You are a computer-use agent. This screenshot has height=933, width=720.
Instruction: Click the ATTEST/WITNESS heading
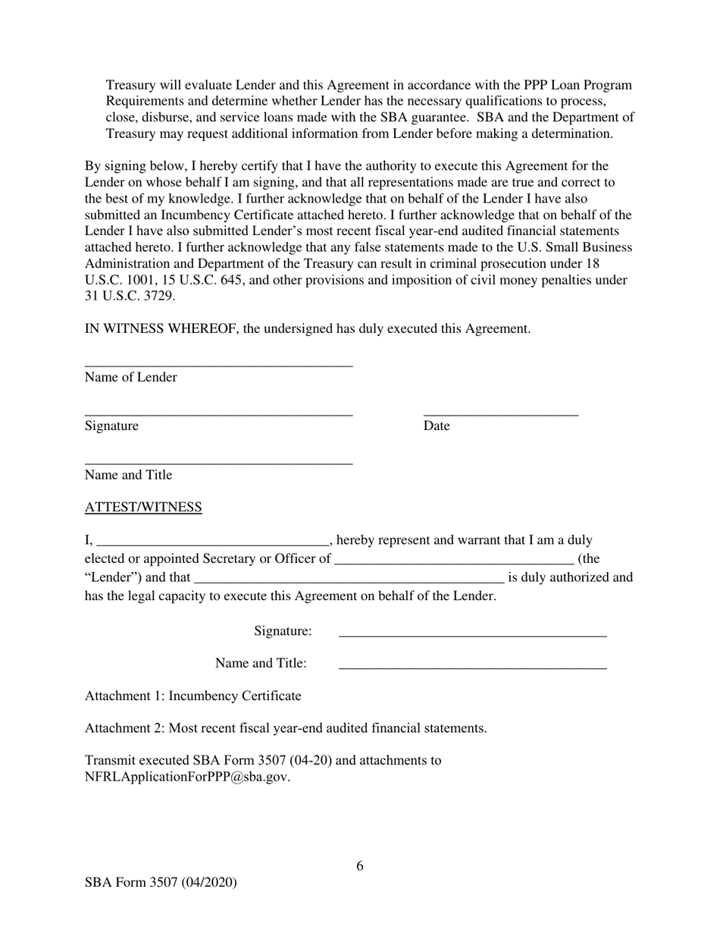143,507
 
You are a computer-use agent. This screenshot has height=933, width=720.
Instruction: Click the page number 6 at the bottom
360,866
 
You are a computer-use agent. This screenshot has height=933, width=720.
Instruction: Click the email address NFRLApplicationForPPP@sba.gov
187,777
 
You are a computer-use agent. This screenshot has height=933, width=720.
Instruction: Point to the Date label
437,426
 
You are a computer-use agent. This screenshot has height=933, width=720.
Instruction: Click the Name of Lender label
131,378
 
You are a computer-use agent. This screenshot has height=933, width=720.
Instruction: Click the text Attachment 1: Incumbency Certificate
193,696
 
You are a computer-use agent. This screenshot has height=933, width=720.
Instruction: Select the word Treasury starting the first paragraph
130,85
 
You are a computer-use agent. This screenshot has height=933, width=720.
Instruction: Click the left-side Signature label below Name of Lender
111,426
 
